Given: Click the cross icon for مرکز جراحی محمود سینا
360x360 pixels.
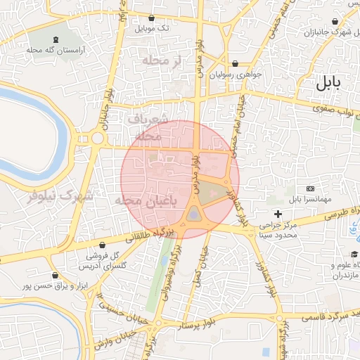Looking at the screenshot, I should click(x=278, y=214).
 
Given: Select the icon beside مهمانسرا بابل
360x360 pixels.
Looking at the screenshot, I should click(x=310, y=189).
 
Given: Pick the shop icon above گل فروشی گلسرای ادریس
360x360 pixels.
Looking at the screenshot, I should click(x=103, y=245).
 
